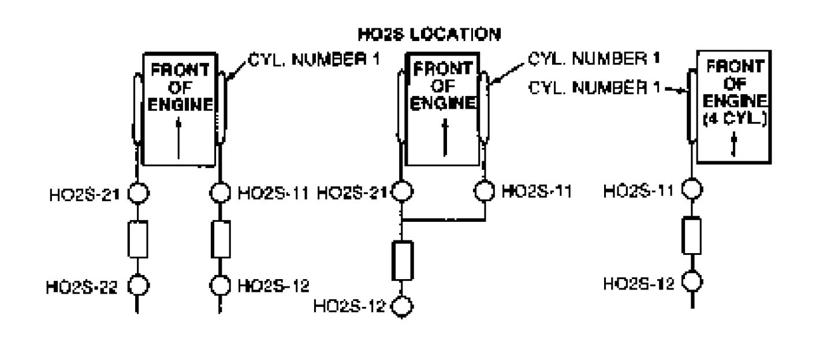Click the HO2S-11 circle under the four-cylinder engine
tap(692, 189)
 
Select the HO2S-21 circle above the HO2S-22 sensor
tap(139, 191)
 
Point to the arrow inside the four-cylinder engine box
tap(732, 145)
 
